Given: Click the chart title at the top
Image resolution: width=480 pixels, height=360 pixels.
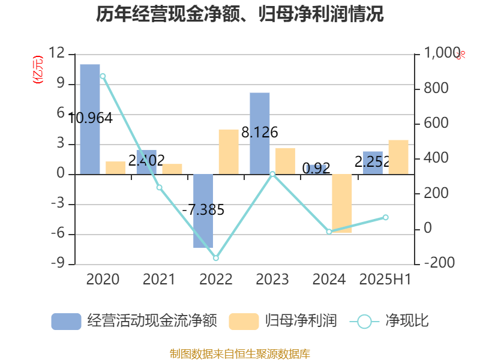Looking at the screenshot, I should coord(240,14).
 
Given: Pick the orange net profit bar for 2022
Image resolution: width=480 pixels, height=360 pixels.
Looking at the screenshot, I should coord(228,152).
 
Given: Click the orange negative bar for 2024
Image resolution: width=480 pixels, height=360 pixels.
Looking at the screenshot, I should coord(342,203).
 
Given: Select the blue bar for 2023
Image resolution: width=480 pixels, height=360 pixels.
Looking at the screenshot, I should coord(260,133).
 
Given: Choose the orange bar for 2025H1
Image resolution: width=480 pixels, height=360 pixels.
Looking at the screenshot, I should coord(398,157).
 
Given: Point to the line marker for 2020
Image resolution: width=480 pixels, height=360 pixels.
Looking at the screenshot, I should coord(103,76).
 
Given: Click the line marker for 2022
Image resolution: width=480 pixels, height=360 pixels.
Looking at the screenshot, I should coord(216,258).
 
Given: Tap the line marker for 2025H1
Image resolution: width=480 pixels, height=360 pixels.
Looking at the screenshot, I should coord(386,217).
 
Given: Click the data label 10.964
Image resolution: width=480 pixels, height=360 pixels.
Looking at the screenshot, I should coord(90,118).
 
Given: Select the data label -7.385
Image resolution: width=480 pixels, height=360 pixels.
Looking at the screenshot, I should coord(203,210).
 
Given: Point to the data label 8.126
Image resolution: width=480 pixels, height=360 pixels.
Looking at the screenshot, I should coord(259,133).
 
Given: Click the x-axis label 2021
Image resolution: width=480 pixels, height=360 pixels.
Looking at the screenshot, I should coord(159,280).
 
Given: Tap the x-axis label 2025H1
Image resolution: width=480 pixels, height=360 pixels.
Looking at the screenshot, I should coord(385,280).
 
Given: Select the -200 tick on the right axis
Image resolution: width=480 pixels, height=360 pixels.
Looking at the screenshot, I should coord(438,263).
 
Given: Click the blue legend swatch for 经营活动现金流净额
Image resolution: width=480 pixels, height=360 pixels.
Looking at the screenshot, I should coord(66,322).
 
